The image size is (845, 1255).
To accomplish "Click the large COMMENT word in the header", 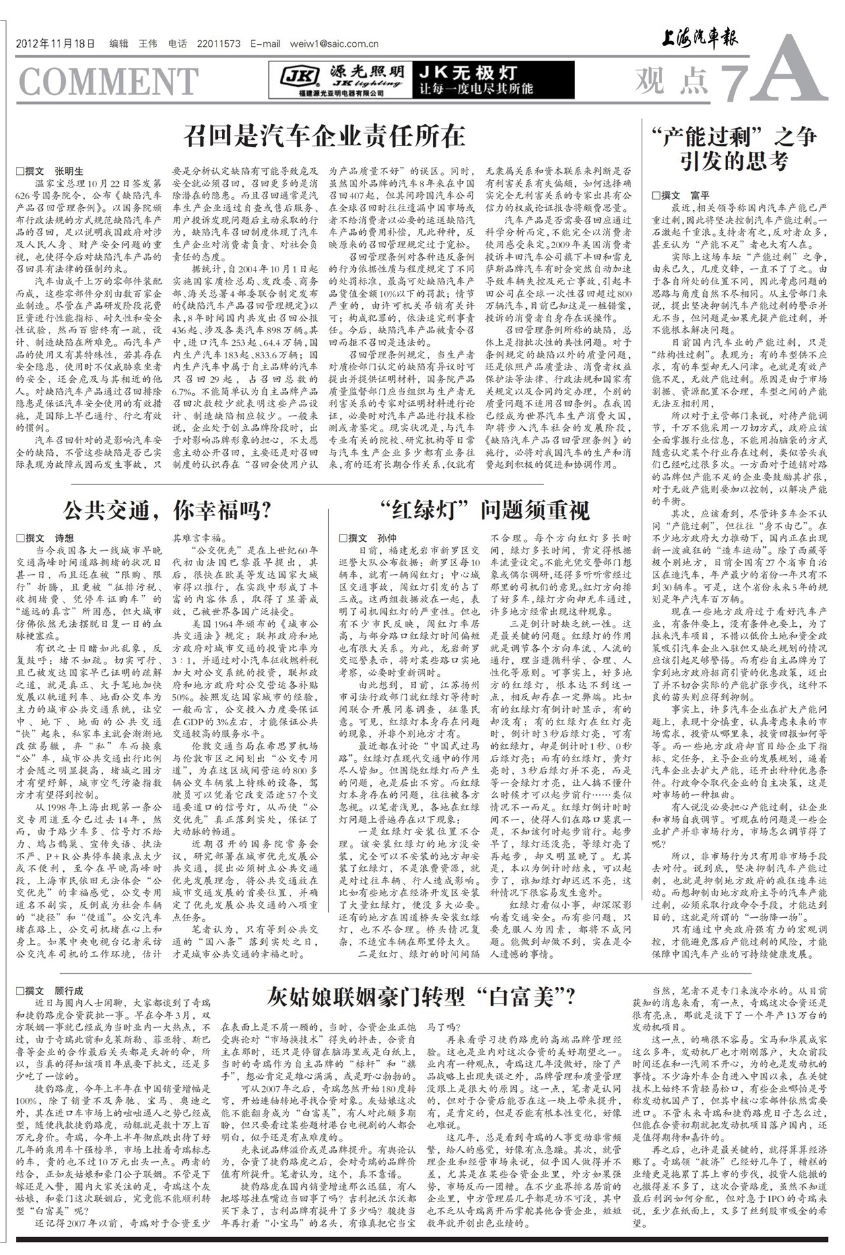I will coord(108,81).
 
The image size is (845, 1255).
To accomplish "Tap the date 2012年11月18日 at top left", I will coord(55,44).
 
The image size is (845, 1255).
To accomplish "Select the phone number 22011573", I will coord(219,44).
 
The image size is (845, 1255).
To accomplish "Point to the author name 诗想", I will coord(64,537).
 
